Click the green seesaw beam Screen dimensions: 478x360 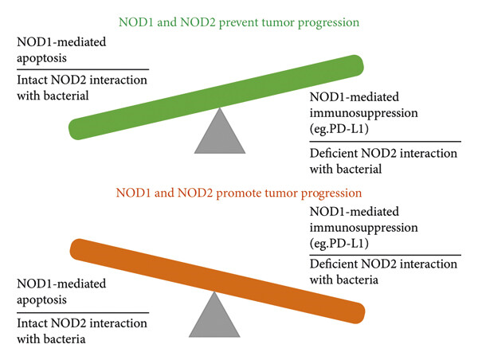(216, 97)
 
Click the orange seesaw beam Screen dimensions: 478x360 (217, 281)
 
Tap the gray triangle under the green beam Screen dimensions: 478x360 (220, 131)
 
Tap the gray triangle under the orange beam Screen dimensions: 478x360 (214, 315)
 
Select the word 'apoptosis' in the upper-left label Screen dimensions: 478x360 (41, 58)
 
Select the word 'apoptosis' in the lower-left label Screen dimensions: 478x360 (41, 300)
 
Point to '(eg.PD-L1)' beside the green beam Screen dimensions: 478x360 (339, 129)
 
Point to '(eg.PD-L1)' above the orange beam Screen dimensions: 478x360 (339, 244)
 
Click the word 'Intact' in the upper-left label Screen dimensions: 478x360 (32, 80)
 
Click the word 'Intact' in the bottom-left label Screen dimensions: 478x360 (32, 323)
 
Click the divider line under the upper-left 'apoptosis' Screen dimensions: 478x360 (83, 69)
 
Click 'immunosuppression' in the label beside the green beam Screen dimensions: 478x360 (364, 113)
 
